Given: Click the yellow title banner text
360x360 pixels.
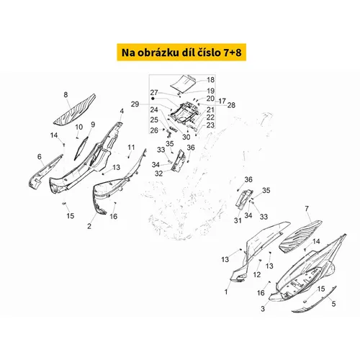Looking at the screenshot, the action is pyautogui.click(x=181, y=53).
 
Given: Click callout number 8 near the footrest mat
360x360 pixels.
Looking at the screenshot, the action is pyautogui.click(x=66, y=95).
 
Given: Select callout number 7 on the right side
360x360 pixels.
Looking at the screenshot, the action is pyautogui.click(x=307, y=209).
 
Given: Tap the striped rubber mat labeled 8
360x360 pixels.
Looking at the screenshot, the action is pyautogui.click(x=74, y=109).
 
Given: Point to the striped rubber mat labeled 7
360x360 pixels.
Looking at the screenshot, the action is pyautogui.click(x=300, y=236).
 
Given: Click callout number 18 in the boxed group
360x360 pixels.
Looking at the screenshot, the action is pyautogui.click(x=210, y=80).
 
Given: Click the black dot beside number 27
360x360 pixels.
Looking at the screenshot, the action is pyautogui.click(x=153, y=99).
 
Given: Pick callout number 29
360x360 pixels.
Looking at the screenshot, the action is pyautogui.click(x=135, y=104).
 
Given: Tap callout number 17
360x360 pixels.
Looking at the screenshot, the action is pyautogui.click(x=222, y=101).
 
